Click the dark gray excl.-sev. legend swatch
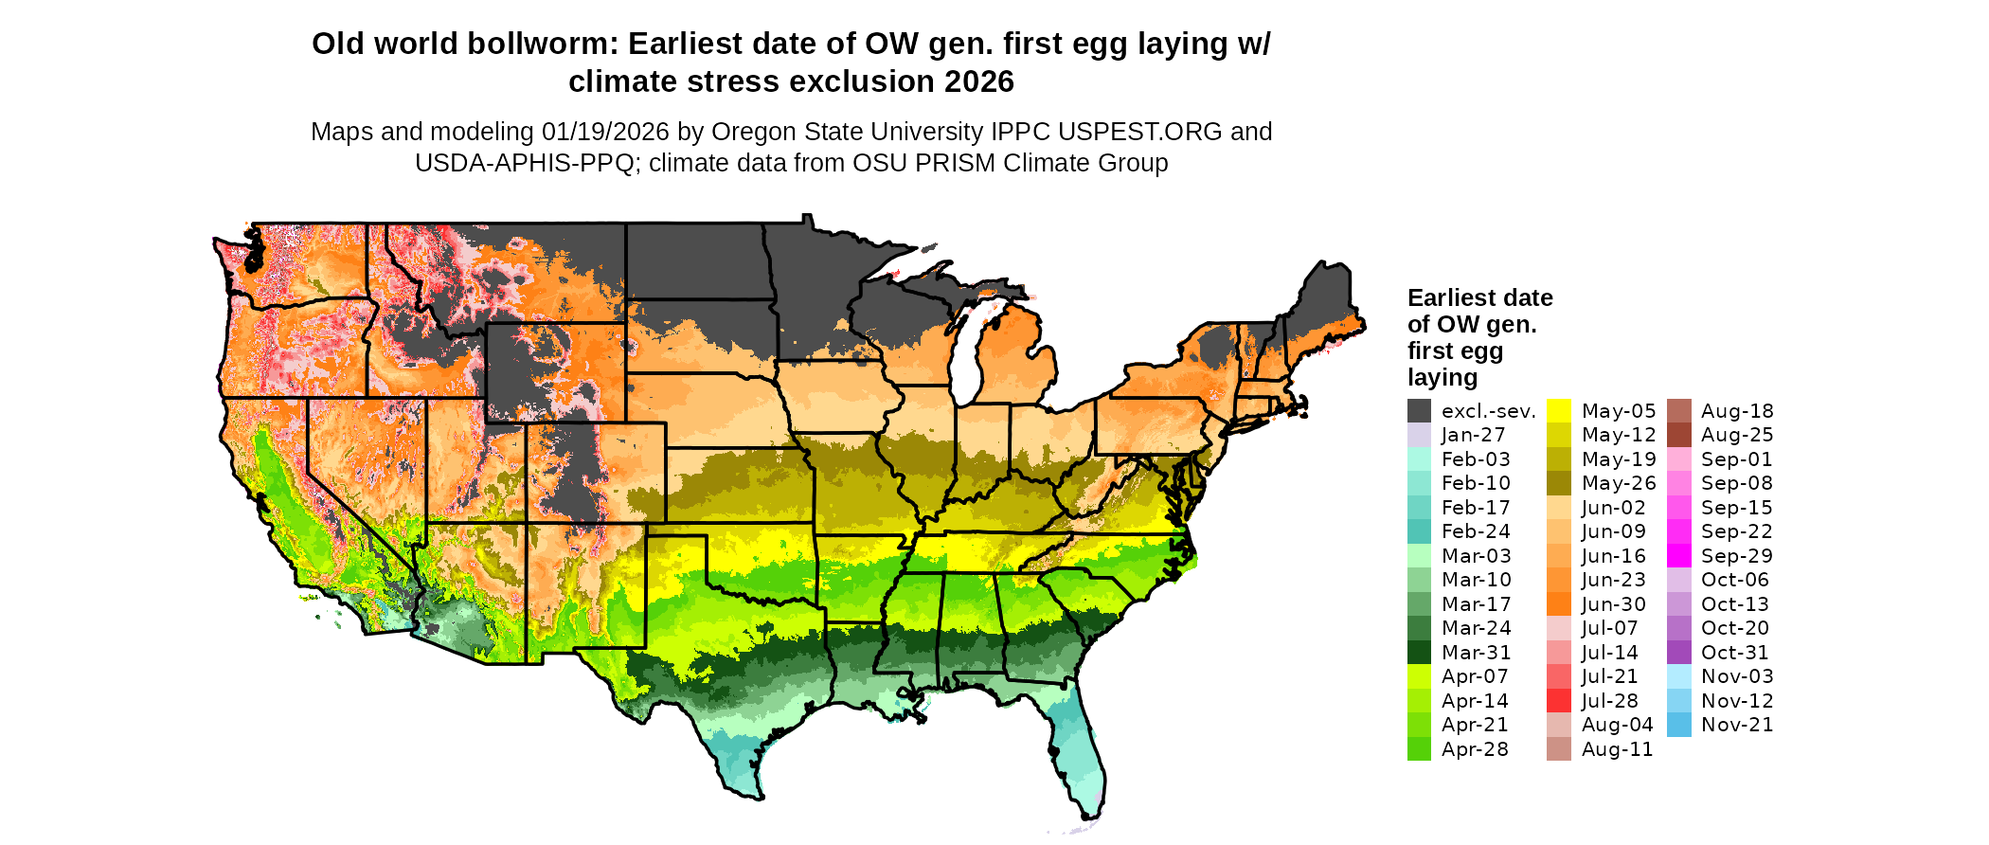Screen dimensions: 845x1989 tap(1419, 411)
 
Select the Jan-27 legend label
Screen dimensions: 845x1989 tap(1473, 435)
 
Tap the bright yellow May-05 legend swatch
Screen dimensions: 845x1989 tap(1558, 411)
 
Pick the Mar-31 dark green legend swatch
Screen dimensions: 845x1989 tap(1419, 653)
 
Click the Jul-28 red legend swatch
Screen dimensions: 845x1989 tap(1558, 701)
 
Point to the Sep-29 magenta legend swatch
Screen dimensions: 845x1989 tap(1678, 556)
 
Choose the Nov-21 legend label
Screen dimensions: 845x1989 tap(1737, 725)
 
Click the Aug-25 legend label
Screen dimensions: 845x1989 tap(1737, 435)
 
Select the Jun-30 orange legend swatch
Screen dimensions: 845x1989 tap(1558, 604)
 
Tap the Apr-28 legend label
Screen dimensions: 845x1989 tap(1475, 749)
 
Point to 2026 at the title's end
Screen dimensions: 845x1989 tap(979, 82)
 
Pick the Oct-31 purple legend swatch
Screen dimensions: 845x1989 tap(1678, 653)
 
